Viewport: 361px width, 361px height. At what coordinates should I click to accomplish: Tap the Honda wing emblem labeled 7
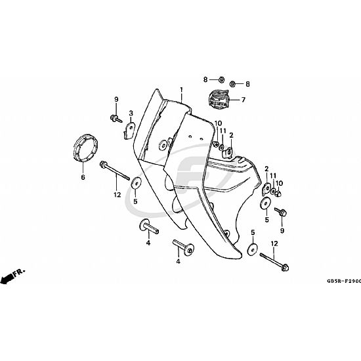pos(219,98)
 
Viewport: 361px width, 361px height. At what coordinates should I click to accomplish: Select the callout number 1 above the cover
pos(181,90)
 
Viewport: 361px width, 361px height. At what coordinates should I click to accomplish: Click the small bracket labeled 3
pos(129,131)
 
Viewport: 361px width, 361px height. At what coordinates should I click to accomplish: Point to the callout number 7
pos(243,100)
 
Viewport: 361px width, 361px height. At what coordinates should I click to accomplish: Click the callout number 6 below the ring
pos(83,177)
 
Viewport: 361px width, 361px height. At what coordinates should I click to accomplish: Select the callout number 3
pos(131,114)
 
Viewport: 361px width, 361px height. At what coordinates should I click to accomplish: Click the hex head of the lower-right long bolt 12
pos(286,268)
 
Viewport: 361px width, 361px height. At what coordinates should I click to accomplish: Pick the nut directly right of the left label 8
pos(221,79)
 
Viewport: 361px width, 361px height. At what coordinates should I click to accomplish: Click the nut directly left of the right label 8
pos(232,84)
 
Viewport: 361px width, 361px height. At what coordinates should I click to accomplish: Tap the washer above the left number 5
pos(136,183)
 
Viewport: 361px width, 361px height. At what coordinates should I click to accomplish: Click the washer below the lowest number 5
pos(252,249)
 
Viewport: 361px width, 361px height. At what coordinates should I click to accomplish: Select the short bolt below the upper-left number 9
pos(116,119)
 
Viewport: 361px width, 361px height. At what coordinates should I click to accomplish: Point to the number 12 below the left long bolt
pos(117,195)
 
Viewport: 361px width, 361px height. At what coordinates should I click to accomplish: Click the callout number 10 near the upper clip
pos(218,123)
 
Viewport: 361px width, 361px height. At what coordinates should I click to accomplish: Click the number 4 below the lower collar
pos(178,261)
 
